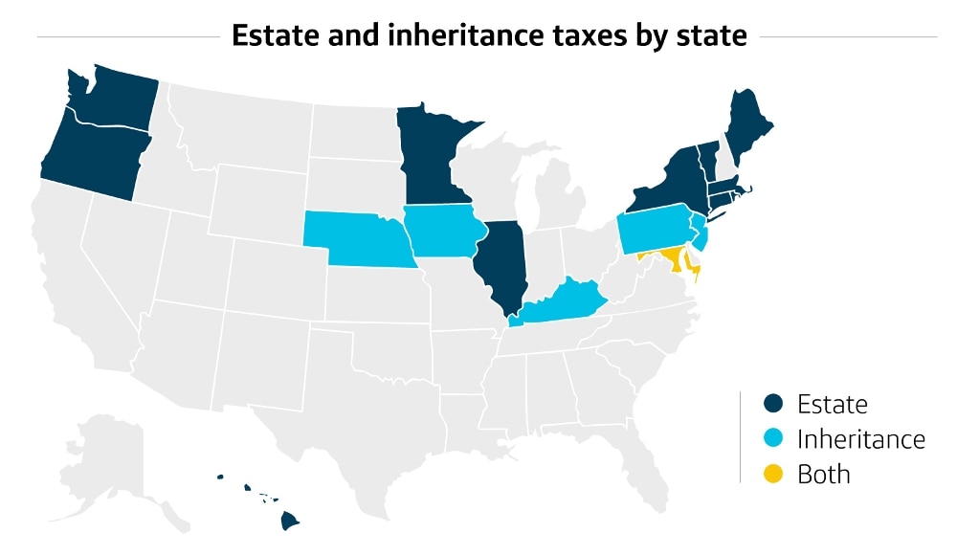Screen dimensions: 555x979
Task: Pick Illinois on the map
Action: pos(501,263)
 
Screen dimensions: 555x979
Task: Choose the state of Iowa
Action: pos(438,230)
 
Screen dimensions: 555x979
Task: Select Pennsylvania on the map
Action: pos(656,230)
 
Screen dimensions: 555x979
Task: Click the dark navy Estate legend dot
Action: pos(775,404)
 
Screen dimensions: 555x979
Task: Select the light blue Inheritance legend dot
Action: pos(775,438)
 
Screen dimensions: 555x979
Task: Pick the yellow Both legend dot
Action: pos(775,473)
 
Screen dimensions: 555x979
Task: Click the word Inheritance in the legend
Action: pos(860,439)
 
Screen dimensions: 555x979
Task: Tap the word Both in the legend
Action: pos(823,474)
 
